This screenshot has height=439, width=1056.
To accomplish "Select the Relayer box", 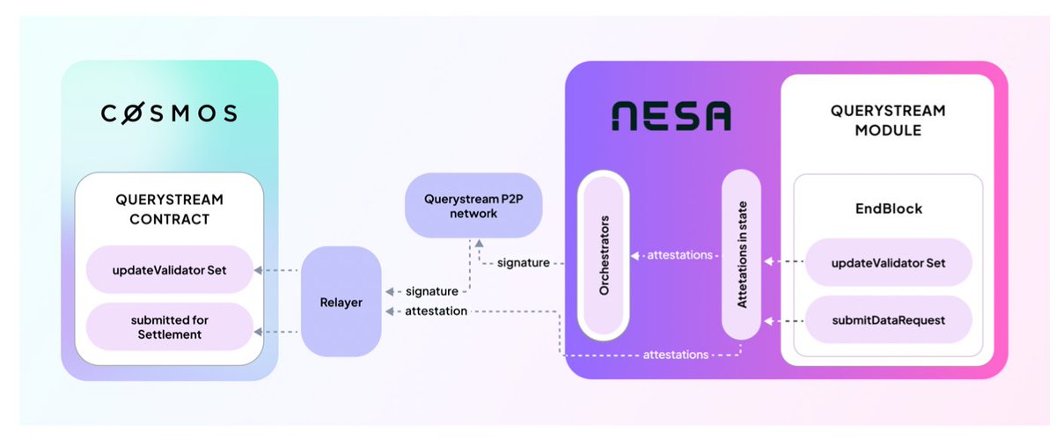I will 341,301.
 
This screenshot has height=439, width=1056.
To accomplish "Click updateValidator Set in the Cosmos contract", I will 169,269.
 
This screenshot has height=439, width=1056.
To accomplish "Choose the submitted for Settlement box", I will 169,326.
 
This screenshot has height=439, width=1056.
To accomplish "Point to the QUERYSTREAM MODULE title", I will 887,121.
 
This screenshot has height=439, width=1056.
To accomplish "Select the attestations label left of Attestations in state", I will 680,255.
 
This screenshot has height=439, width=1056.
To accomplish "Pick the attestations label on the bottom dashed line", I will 676,355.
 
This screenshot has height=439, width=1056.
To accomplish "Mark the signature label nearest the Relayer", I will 431,291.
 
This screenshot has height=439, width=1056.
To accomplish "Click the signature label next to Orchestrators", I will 524,262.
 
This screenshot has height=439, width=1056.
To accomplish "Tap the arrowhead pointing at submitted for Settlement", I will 257,332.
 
